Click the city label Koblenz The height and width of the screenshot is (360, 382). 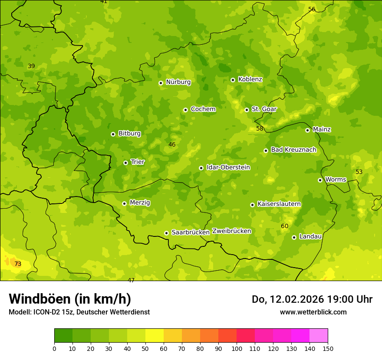[250, 79]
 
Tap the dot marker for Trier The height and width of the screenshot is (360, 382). [125, 163]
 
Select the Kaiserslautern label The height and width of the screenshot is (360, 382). [279, 204]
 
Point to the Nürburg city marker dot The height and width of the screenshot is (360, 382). [161, 83]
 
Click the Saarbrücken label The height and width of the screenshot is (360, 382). [191, 232]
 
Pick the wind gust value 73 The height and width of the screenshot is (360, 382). [18, 264]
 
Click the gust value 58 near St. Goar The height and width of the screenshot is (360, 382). [260, 128]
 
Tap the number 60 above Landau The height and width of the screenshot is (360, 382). [284, 226]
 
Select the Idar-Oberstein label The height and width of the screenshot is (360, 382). [228, 167]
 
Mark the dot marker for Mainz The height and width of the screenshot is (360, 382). [307, 130]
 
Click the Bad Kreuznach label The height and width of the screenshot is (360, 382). [293, 150]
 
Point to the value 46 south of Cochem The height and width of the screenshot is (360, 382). [172, 144]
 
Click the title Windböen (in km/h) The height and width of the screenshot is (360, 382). [70, 299]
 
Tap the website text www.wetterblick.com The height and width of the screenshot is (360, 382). [313, 312]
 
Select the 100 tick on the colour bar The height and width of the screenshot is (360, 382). [237, 348]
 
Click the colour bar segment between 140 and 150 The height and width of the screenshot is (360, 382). [319, 336]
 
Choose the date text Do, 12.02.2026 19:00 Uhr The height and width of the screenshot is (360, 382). [312, 299]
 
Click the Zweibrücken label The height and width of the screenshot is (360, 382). [231, 231]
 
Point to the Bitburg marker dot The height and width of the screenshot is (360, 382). [113, 134]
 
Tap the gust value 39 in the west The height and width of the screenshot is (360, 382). [31, 66]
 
